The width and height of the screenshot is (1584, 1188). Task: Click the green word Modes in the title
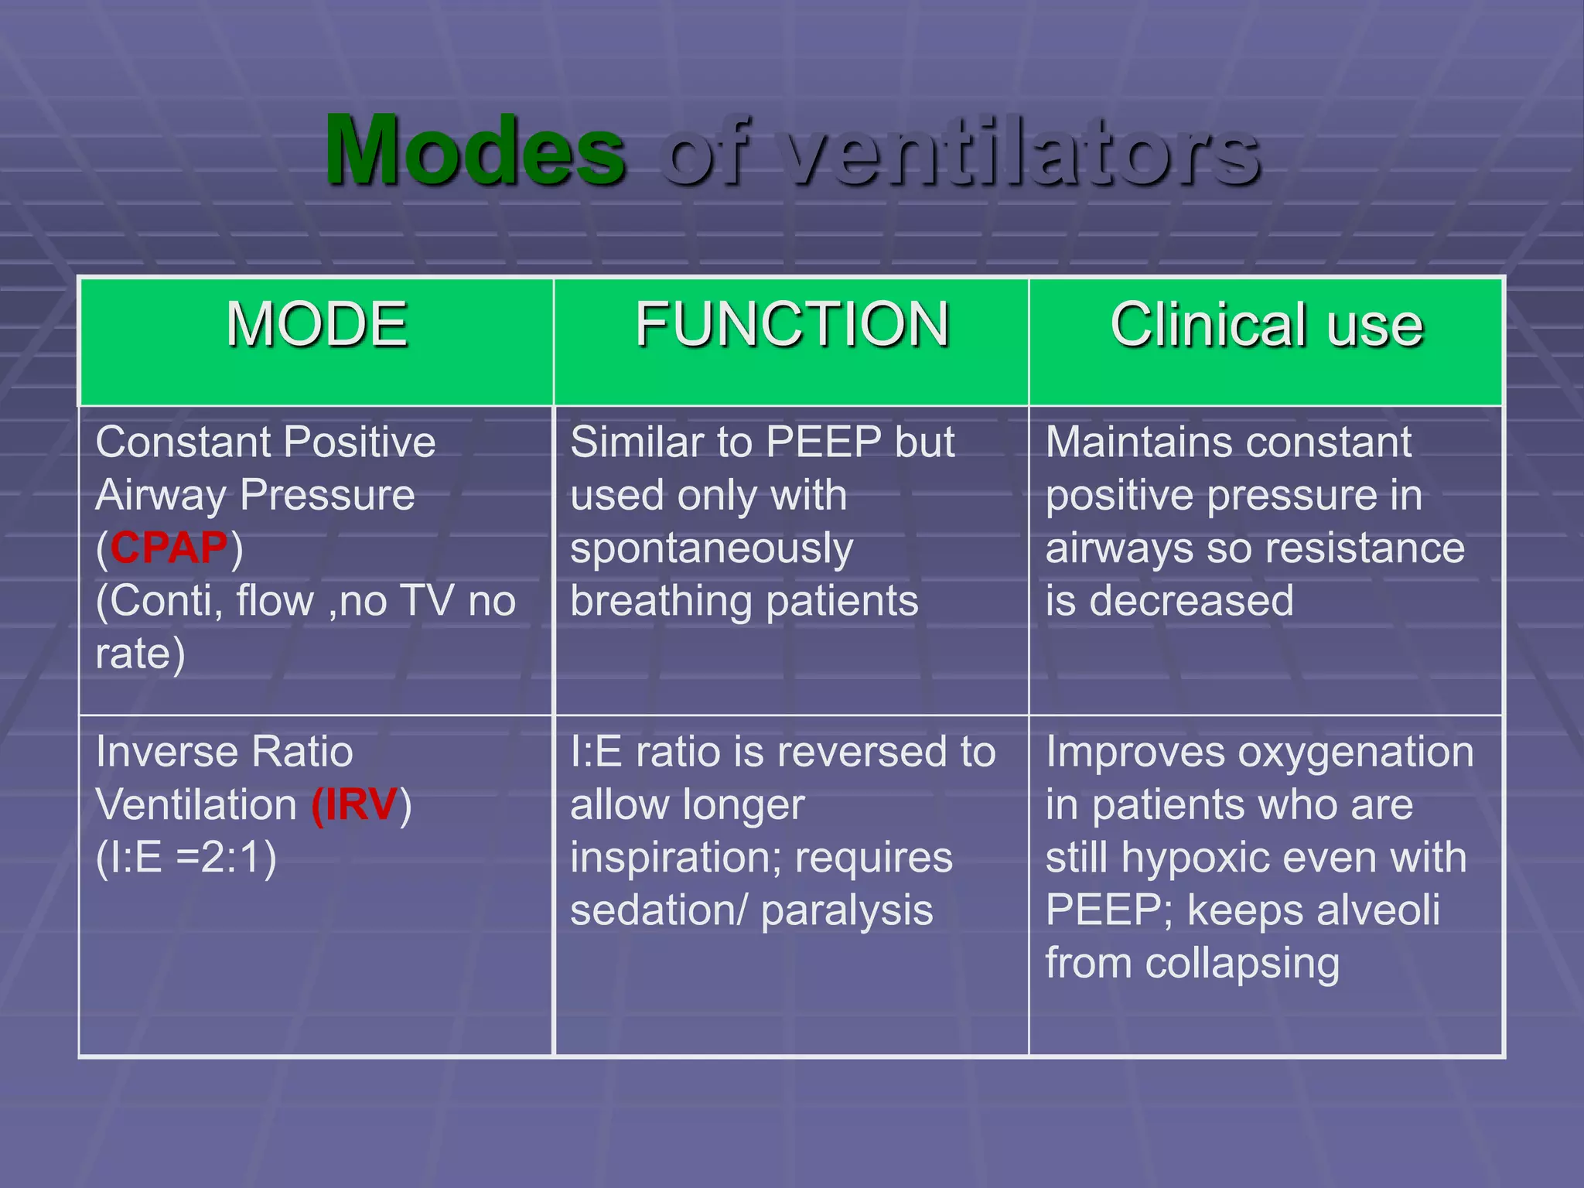coord(475,150)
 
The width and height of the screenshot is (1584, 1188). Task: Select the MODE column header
coord(316,325)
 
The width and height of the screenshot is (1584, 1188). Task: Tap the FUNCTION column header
coord(792,325)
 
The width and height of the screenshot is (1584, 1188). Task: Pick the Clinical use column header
coord(1267,325)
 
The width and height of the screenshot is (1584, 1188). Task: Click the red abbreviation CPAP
coord(169,548)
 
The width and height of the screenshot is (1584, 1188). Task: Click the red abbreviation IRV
coord(356,804)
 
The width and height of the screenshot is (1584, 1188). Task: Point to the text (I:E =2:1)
coord(186,857)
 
